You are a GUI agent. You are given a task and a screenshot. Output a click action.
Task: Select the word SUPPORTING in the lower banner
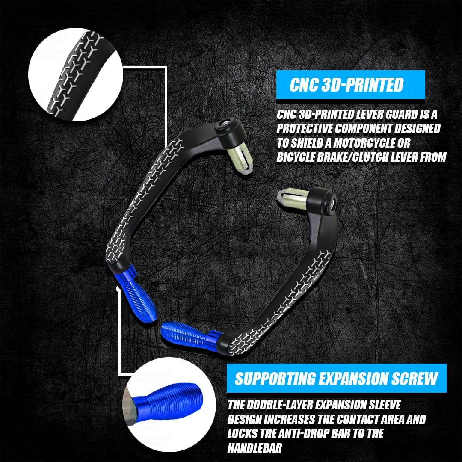(x=275, y=378)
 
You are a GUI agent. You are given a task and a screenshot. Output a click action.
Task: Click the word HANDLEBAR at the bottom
(x=255, y=448)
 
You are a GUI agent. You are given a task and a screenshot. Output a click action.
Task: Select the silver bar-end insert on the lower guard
(x=293, y=198)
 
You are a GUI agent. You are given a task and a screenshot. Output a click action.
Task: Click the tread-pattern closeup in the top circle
(x=76, y=74)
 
